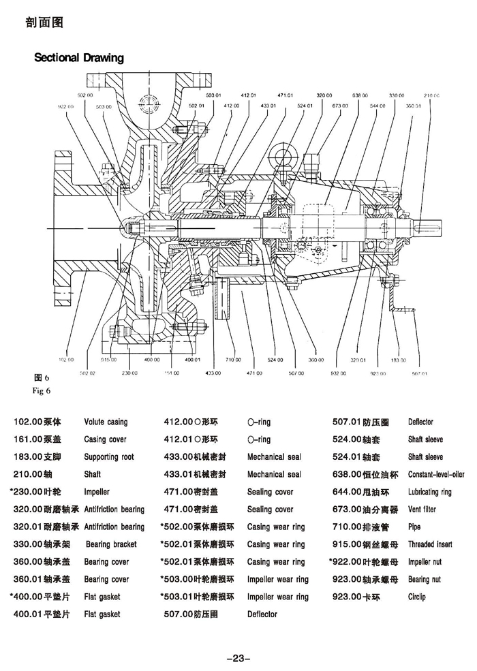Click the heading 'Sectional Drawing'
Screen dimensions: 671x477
[79, 58]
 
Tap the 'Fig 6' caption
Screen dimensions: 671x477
[42, 391]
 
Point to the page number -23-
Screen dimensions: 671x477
[238, 658]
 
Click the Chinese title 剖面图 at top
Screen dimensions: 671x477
[44, 22]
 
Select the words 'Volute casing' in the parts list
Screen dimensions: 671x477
[106, 422]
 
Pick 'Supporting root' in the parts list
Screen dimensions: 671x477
[109, 457]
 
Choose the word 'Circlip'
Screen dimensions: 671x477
[417, 597]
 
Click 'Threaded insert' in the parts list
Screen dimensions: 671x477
[430, 544]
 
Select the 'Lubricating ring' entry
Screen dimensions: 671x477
[429, 492]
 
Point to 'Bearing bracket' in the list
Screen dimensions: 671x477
[111, 544]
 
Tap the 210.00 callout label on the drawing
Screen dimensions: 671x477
[431, 96]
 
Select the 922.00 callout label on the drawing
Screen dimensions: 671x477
[65, 107]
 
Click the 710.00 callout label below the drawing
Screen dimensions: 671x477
[234, 359]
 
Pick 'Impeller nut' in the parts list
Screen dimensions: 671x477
[425, 562]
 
